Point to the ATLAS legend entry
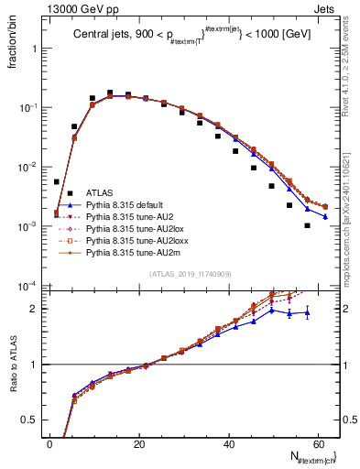click(99, 192)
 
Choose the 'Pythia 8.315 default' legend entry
click(127, 206)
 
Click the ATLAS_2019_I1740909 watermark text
click(191, 274)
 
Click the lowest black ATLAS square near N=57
click(308, 225)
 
